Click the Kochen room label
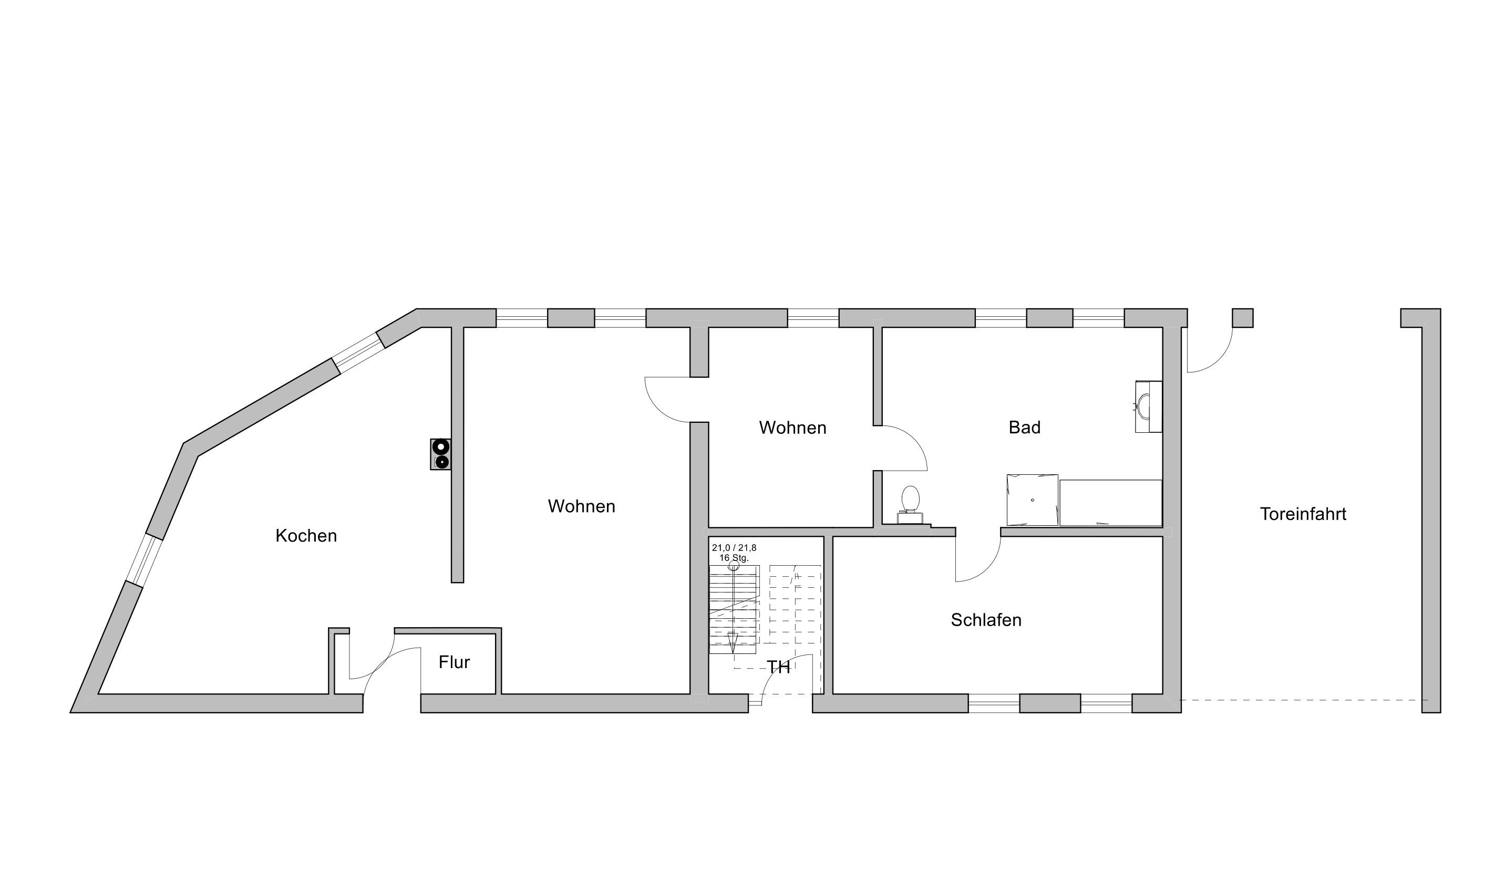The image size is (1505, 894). pos(306,536)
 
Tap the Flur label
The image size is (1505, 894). pos(454,662)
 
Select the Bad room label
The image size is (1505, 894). pos(1025,427)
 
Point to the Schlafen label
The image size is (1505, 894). pos(986,620)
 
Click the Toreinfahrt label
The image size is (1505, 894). pos(1303,514)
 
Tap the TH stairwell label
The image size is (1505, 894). pos(778,667)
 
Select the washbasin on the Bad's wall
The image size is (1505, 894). pos(1148,406)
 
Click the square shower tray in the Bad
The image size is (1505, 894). pos(1032,500)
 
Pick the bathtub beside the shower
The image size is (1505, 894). pos(1111,503)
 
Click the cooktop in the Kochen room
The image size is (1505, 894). pos(440,454)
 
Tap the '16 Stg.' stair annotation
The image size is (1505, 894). pos(734,558)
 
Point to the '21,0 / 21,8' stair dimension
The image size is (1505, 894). pos(734,548)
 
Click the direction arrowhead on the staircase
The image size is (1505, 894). pos(733,643)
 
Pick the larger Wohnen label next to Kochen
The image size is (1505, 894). pos(581,506)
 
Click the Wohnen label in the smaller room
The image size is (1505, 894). pos(792,427)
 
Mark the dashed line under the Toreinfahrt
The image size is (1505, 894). pos(1303,700)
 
